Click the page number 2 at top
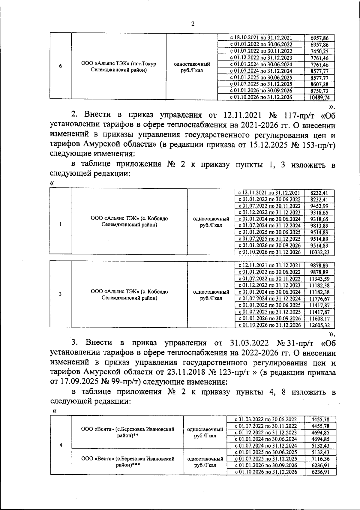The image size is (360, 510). click(193, 24)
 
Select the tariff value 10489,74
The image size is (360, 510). click(320, 97)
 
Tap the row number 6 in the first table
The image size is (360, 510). click(61, 67)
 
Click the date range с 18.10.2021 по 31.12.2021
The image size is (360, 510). click(261, 38)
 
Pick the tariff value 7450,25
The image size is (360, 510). click(320, 51)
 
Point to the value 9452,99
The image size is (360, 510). click(319, 206)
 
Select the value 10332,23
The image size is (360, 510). click(319, 253)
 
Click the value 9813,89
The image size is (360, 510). click(319, 226)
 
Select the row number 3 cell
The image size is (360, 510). click(61, 294)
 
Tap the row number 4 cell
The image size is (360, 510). click(61, 445)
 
